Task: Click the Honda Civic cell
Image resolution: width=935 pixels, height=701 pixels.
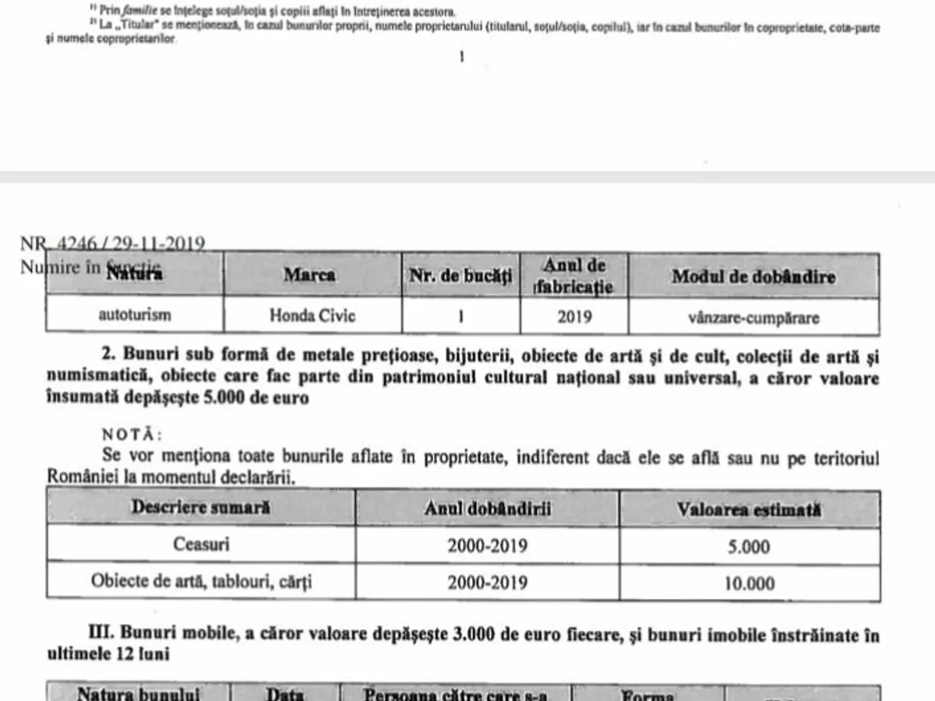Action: (x=312, y=316)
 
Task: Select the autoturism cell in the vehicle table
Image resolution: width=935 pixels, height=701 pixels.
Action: (x=135, y=316)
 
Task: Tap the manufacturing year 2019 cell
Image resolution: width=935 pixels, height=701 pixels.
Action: (x=574, y=316)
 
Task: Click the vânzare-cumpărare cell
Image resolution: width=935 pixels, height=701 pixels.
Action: (x=753, y=317)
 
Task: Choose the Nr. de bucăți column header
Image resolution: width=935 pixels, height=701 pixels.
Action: (x=460, y=276)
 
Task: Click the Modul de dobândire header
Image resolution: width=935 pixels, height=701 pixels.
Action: (x=753, y=277)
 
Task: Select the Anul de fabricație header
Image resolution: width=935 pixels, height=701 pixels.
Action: (x=574, y=276)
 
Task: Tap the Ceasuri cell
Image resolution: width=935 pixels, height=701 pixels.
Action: (x=201, y=544)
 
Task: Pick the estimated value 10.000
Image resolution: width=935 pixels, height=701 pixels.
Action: (x=749, y=583)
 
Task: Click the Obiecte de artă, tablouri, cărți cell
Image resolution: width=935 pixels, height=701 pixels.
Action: (x=201, y=583)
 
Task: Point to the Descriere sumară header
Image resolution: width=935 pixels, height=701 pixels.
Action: (x=201, y=507)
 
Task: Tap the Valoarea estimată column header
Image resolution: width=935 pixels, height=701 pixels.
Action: (x=749, y=509)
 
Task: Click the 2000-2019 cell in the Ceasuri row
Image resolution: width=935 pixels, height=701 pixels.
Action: (x=487, y=545)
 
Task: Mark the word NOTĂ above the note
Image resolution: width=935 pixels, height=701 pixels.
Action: (x=132, y=433)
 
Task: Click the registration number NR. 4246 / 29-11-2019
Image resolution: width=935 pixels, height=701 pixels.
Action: (x=112, y=244)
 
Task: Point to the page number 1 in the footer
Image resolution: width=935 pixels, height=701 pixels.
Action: (x=461, y=56)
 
